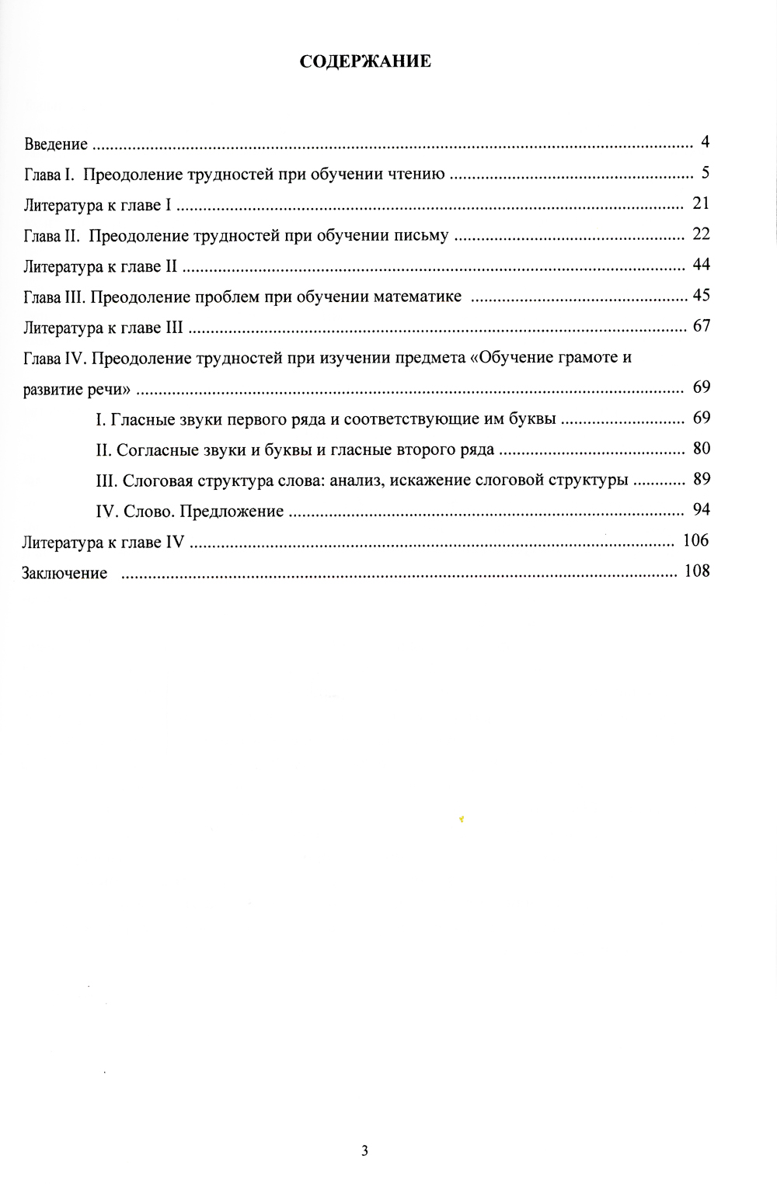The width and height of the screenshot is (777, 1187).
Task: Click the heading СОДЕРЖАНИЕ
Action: (365, 62)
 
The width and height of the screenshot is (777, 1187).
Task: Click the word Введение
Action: (55, 144)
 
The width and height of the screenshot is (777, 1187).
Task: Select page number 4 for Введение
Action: (705, 142)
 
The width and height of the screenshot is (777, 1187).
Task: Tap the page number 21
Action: (701, 204)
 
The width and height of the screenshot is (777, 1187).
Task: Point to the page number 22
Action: (701, 234)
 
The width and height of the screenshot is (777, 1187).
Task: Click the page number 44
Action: (701, 265)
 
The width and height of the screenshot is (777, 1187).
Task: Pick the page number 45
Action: (701, 295)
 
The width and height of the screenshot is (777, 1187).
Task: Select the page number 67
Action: (701, 326)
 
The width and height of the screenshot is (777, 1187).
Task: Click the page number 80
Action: (701, 449)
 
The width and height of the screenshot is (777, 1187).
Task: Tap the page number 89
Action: (701, 479)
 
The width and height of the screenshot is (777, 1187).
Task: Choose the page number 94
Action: (701, 510)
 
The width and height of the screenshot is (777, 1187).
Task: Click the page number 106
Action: (696, 540)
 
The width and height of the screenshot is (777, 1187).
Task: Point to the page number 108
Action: (696, 571)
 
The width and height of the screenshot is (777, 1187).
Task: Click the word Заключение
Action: (64, 574)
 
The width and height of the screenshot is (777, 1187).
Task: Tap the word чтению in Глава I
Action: (415, 175)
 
